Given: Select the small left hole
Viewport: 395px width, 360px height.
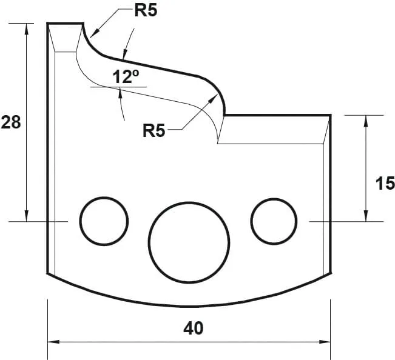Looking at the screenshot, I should (104, 221).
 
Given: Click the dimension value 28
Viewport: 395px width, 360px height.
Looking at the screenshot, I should (11, 122).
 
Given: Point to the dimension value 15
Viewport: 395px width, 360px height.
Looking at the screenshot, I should (385, 183).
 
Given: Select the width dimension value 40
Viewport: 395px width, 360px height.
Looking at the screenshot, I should (193, 328).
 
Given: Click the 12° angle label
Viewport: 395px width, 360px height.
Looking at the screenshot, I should (126, 77).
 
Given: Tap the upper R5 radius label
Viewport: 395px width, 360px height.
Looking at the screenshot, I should (146, 12).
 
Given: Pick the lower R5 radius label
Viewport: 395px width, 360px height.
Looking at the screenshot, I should (154, 130).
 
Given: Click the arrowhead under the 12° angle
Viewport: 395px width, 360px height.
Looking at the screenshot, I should (121, 92).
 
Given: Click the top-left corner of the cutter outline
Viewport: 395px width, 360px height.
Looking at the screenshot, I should (48, 23).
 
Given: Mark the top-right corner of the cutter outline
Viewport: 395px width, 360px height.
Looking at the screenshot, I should (331, 114).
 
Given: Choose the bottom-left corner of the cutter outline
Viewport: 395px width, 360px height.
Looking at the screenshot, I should (48, 273).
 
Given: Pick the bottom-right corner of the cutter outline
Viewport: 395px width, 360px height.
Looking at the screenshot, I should (331, 273).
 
